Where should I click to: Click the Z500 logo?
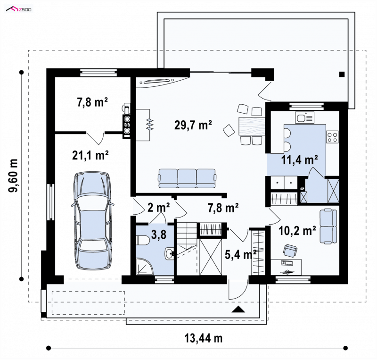(x=18, y=9)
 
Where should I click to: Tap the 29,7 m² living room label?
(x=193, y=125)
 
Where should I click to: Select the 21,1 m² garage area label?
(x=90, y=155)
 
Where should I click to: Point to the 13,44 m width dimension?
(x=204, y=338)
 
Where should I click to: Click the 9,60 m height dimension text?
(x=13, y=176)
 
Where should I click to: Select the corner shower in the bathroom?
(x=145, y=267)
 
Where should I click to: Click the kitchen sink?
(x=304, y=118)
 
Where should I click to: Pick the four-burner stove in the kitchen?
(x=332, y=137)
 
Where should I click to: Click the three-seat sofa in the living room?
(x=187, y=178)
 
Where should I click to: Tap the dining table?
(x=252, y=126)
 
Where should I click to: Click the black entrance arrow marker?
(x=238, y=309)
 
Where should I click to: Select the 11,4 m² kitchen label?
(x=300, y=159)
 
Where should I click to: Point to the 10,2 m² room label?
(x=297, y=231)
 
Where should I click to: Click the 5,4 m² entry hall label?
(x=240, y=254)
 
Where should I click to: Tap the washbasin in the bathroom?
(x=169, y=253)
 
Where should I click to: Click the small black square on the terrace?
(x=342, y=74)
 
